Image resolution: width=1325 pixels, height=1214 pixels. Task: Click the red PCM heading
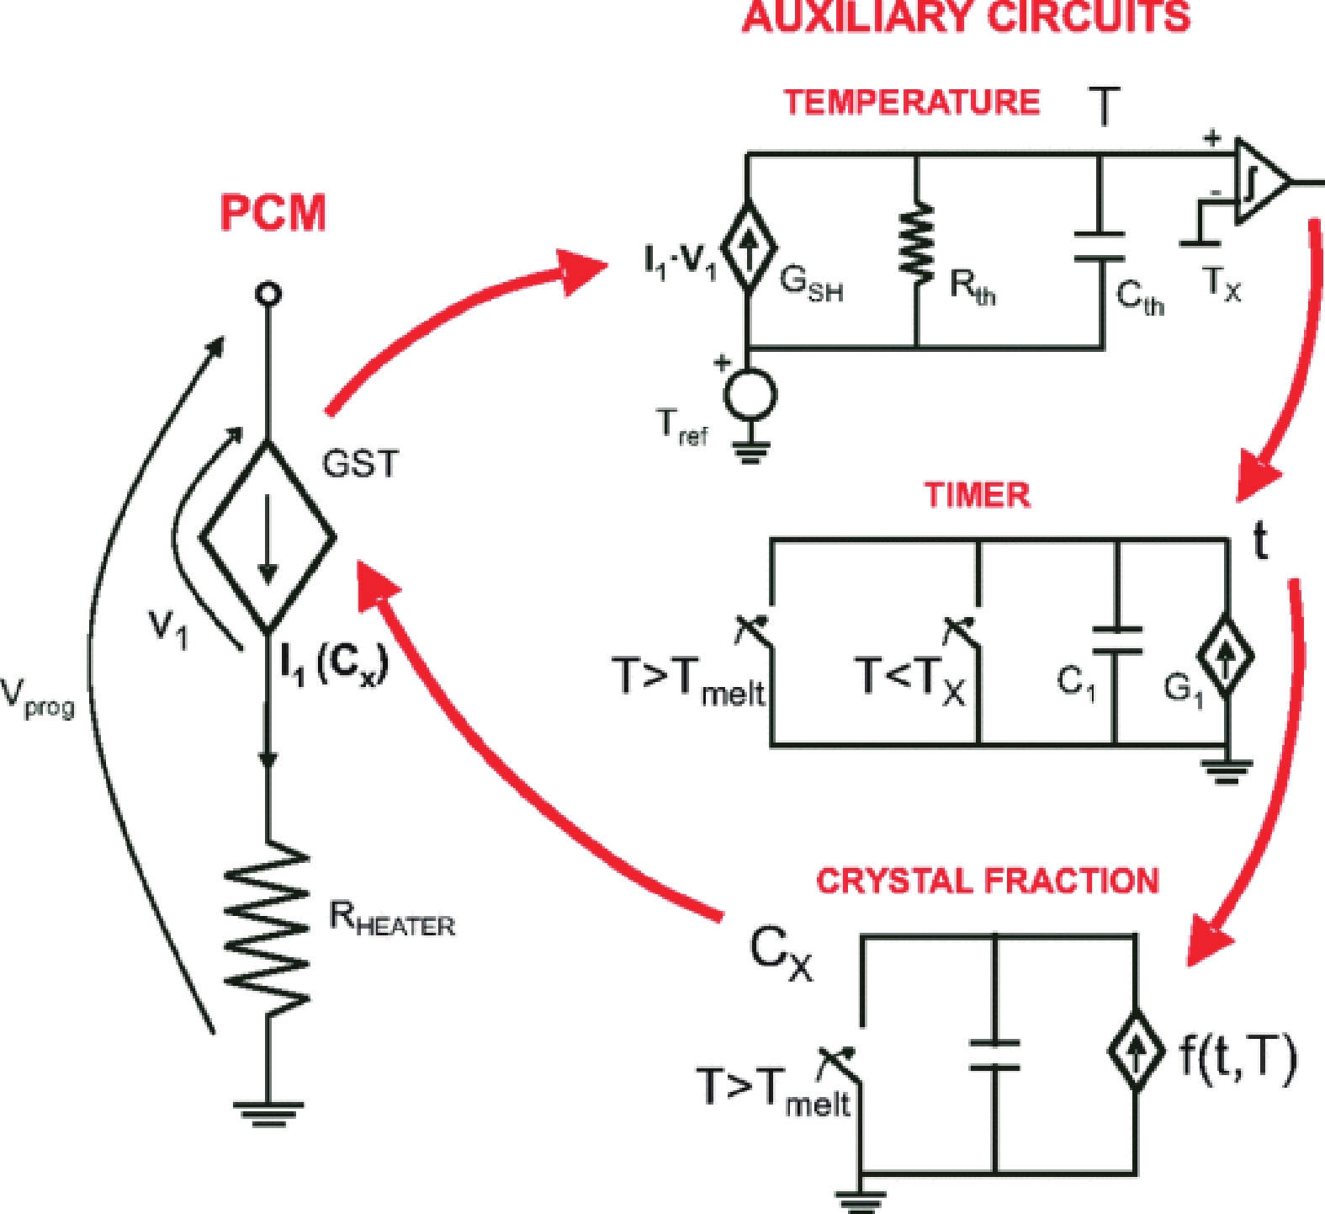273,212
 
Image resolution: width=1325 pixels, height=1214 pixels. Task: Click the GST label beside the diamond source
360,464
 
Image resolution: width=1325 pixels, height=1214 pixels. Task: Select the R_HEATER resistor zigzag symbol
268,927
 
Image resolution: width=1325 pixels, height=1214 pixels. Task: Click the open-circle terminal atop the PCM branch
268,294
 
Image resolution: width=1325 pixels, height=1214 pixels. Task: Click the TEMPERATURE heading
912,103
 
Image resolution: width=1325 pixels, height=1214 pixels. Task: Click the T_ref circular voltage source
750,395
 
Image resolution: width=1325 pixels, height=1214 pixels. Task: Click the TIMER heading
977,495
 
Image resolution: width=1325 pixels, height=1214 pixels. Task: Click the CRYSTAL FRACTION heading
988,881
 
